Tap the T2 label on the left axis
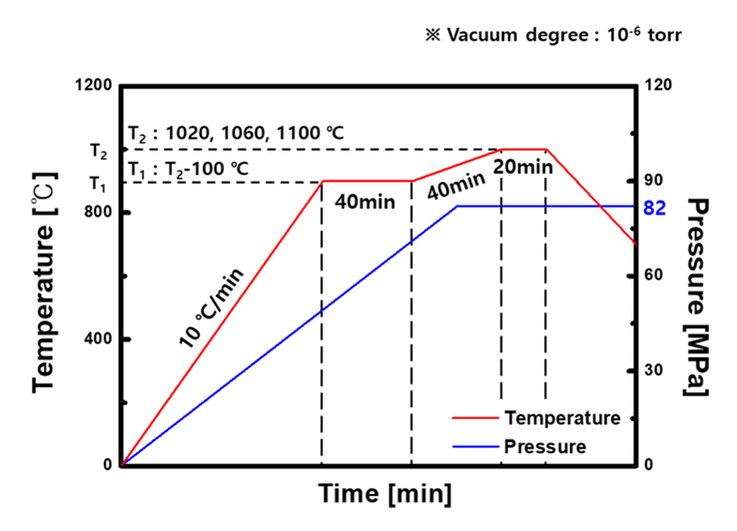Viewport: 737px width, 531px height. [97, 152]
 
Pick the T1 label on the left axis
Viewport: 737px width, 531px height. [97, 184]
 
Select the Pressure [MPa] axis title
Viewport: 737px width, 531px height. [698, 295]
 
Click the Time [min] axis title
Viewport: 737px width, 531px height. [384, 493]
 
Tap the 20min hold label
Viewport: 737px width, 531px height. [522, 167]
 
